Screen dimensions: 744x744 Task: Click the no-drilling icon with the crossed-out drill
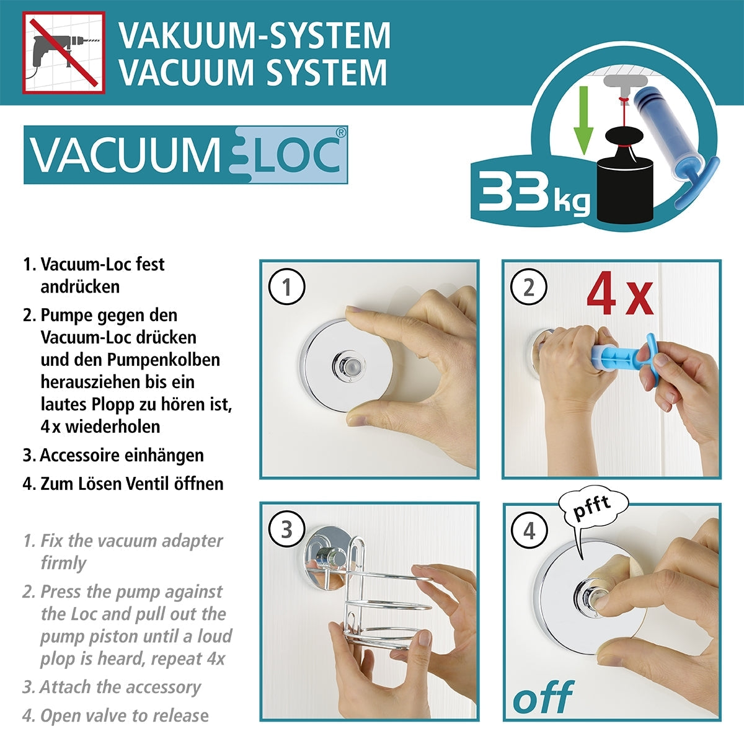point(64,53)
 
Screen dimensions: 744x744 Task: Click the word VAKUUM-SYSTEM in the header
point(255,35)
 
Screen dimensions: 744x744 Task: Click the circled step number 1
point(286,288)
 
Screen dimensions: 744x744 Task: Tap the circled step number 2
point(529,288)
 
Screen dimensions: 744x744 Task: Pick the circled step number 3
point(286,530)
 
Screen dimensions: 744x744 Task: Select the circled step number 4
point(529,531)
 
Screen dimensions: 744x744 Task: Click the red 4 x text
point(619,296)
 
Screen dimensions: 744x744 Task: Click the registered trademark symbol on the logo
point(340,132)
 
